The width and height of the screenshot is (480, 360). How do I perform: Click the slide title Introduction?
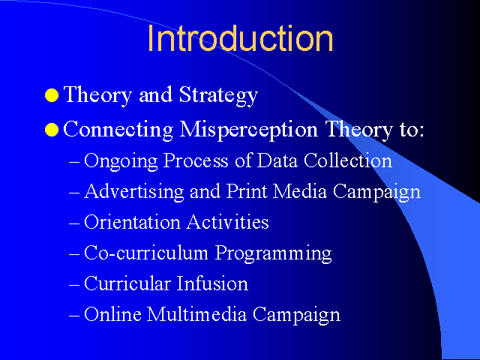coord(240,38)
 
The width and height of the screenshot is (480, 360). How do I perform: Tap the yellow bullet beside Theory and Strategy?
coord(52,95)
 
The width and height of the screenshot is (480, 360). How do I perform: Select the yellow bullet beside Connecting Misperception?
coord(52,130)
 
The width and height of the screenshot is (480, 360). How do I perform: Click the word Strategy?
coord(218,96)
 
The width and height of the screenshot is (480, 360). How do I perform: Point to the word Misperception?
coord(249,130)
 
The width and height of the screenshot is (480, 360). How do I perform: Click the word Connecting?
coord(118,130)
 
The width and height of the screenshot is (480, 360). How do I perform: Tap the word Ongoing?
coord(121,161)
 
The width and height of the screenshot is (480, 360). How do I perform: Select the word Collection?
coord(348,160)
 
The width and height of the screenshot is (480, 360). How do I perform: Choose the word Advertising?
coord(134,192)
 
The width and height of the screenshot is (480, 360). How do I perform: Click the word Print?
coord(247,191)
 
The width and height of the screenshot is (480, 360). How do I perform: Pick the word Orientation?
coord(132,222)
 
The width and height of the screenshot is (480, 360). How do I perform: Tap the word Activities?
coord(228,222)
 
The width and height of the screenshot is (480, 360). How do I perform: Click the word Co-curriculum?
coord(146,253)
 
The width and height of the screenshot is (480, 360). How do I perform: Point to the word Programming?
coord(273,253)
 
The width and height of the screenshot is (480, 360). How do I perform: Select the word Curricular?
coord(127,283)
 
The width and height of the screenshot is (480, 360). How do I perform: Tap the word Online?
coord(112,314)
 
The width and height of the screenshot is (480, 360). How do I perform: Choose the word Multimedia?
coord(196,314)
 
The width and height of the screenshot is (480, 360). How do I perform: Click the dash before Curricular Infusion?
coord(74,285)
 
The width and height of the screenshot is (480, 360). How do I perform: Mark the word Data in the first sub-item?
coord(277,160)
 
